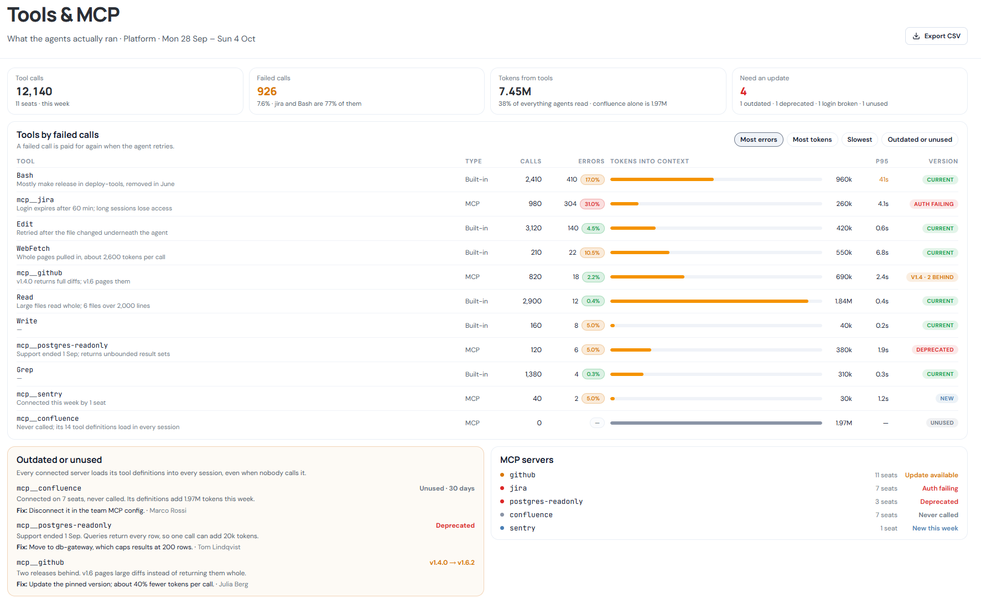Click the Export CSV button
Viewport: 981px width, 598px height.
(936, 36)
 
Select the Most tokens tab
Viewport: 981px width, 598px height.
(812, 140)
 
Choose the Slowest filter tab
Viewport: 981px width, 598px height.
(859, 140)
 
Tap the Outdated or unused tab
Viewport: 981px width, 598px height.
(920, 140)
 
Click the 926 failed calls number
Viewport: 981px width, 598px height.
(267, 91)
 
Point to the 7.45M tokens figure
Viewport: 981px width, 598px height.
(515, 91)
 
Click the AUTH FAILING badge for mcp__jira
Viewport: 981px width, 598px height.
(933, 204)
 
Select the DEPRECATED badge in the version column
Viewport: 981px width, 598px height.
(935, 350)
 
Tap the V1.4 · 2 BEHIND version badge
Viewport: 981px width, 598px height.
(932, 277)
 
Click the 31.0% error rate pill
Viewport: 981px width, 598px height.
(592, 204)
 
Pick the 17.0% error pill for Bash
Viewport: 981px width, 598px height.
(592, 179)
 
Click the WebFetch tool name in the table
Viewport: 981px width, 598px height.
(33, 249)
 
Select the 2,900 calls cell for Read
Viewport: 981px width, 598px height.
(532, 301)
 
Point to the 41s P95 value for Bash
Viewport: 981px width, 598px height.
(884, 179)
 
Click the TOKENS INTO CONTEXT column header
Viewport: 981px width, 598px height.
(650, 161)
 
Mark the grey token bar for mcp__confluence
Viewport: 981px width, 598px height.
(716, 423)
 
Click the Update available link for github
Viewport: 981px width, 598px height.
(931, 475)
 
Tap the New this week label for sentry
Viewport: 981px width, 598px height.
(935, 528)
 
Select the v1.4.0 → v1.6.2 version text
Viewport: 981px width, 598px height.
(452, 563)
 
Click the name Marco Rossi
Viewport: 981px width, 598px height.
(168, 511)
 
